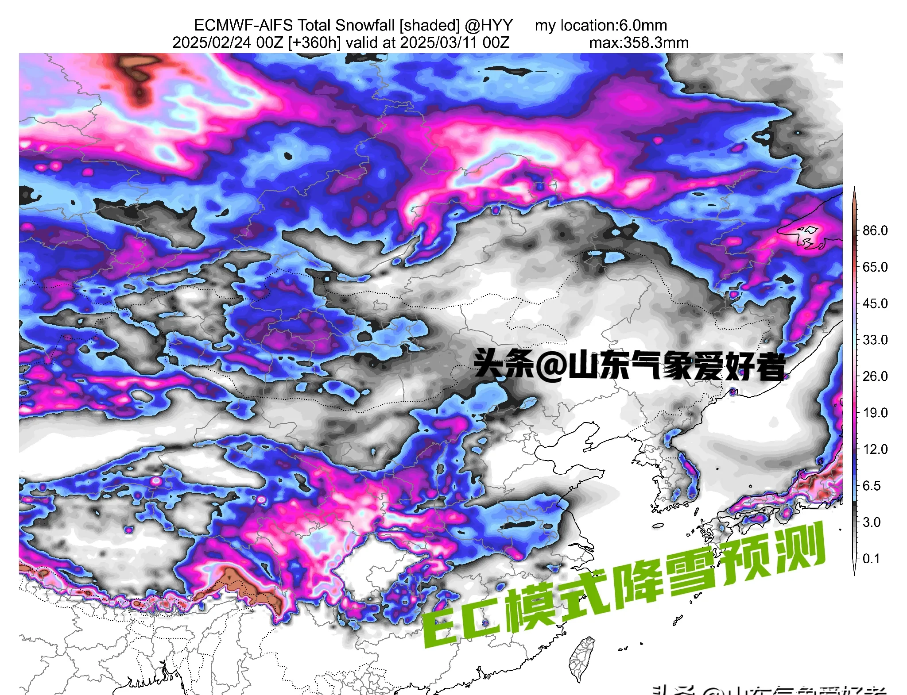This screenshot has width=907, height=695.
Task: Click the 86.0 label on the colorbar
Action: point(875,230)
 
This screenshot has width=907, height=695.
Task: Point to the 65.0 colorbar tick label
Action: point(875,267)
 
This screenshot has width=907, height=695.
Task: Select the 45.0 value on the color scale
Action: point(875,303)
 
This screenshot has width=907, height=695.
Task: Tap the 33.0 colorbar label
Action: point(875,340)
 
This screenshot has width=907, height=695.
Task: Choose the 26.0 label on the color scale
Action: point(875,376)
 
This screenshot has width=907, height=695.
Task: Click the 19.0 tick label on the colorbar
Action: point(875,413)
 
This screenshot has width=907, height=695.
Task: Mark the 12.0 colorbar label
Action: point(875,449)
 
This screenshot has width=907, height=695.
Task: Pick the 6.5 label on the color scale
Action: point(871,486)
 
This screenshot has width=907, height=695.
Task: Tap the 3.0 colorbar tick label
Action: point(871,522)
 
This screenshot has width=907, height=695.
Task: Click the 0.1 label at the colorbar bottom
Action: point(871,559)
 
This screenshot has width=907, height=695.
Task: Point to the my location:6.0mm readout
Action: point(601,25)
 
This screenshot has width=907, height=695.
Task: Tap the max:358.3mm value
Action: point(639,43)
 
